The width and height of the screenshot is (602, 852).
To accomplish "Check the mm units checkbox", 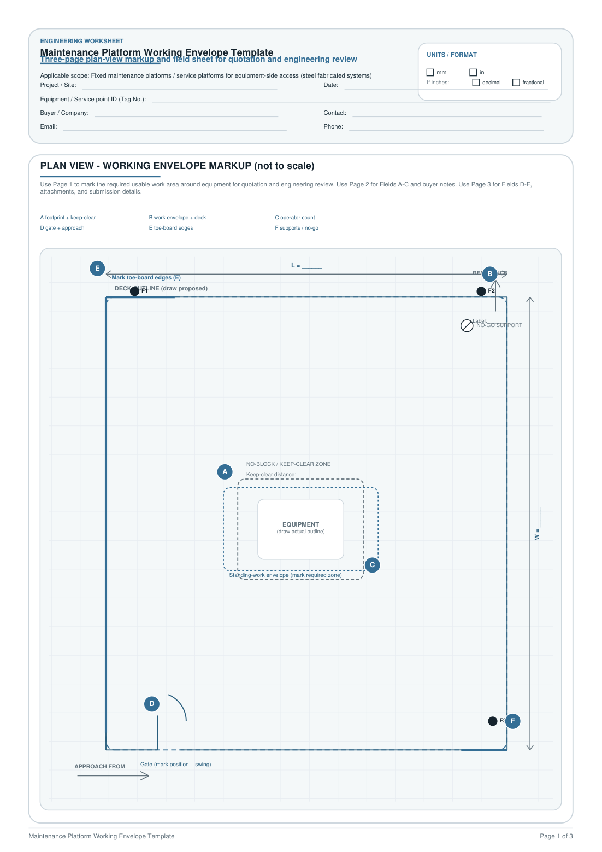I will [x=430, y=72].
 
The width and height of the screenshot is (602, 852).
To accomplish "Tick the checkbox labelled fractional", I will [x=516, y=83].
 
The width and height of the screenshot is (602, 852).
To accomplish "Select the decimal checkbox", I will [x=476, y=83].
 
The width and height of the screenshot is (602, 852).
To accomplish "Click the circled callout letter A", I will [x=225, y=472].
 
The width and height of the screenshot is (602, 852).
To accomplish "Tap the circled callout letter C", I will [x=372, y=565].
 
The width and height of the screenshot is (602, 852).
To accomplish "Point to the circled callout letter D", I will [x=152, y=704].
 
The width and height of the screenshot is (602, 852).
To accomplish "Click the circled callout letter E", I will [x=97, y=269].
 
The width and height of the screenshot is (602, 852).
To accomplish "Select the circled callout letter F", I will [x=512, y=721].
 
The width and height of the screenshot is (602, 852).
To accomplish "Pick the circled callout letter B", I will [x=489, y=274].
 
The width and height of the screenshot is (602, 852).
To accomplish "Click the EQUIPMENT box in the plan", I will [x=300, y=529].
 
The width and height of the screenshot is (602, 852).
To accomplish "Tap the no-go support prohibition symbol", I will [x=467, y=326].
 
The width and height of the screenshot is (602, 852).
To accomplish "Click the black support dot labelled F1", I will [x=134, y=291].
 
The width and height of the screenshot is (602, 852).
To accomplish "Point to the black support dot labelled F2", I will [x=481, y=291].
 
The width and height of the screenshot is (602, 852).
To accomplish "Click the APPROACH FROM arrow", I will [x=113, y=775].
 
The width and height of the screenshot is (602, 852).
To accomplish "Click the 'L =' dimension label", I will [x=296, y=266].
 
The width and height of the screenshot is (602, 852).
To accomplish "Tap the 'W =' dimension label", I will [x=537, y=534].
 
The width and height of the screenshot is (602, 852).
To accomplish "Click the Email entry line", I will [x=175, y=130].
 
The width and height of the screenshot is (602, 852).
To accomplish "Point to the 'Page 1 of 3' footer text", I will [x=556, y=836].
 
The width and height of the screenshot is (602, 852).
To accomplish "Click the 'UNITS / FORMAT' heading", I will [x=451, y=55].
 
